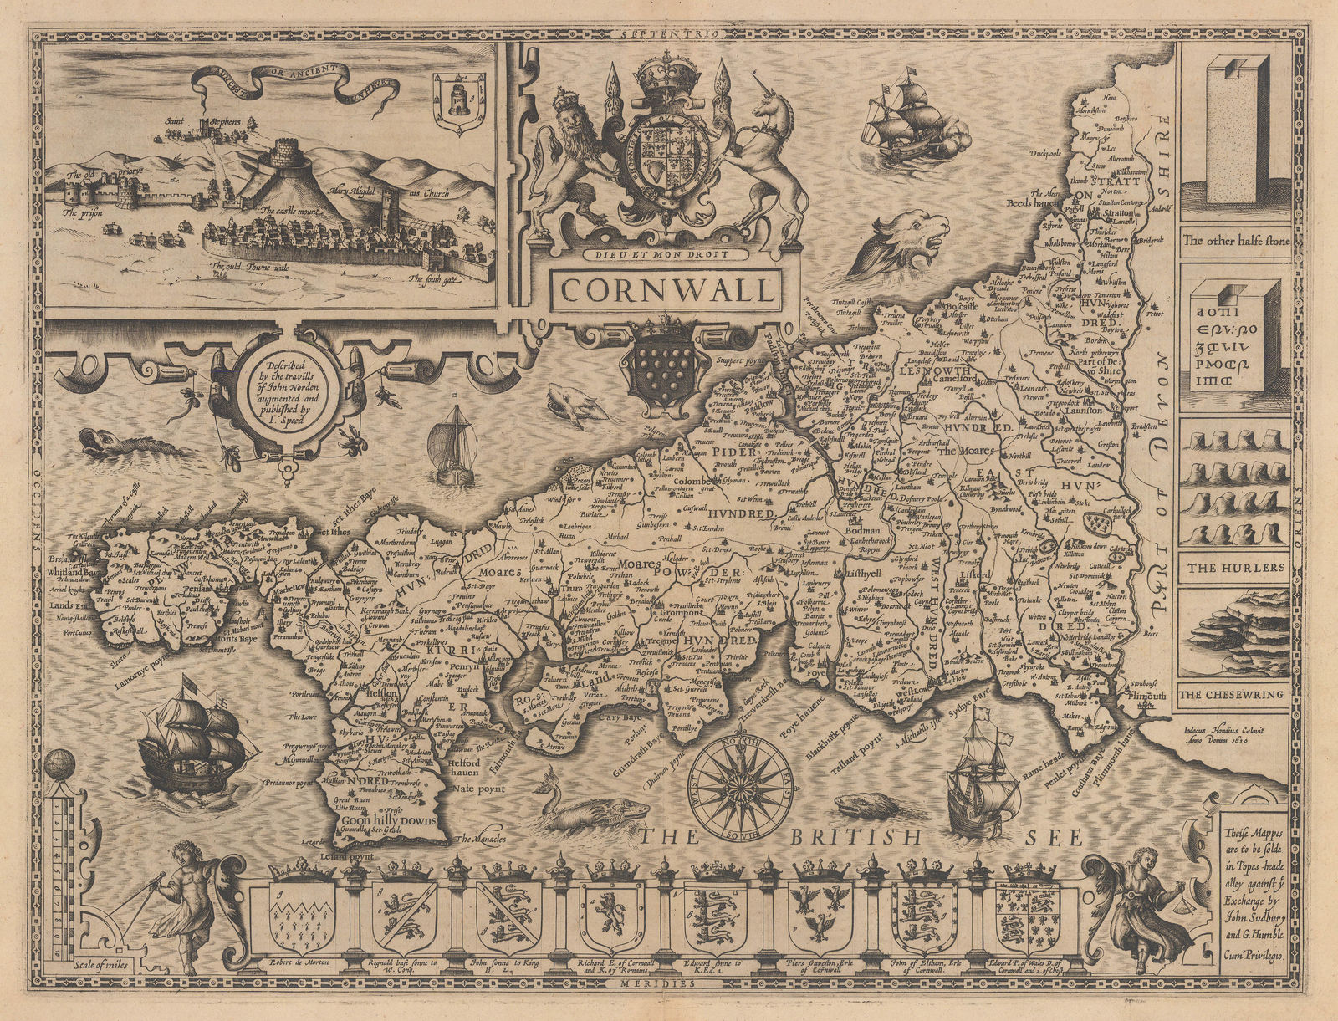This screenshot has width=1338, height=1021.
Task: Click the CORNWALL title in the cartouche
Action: click(x=666, y=289)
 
